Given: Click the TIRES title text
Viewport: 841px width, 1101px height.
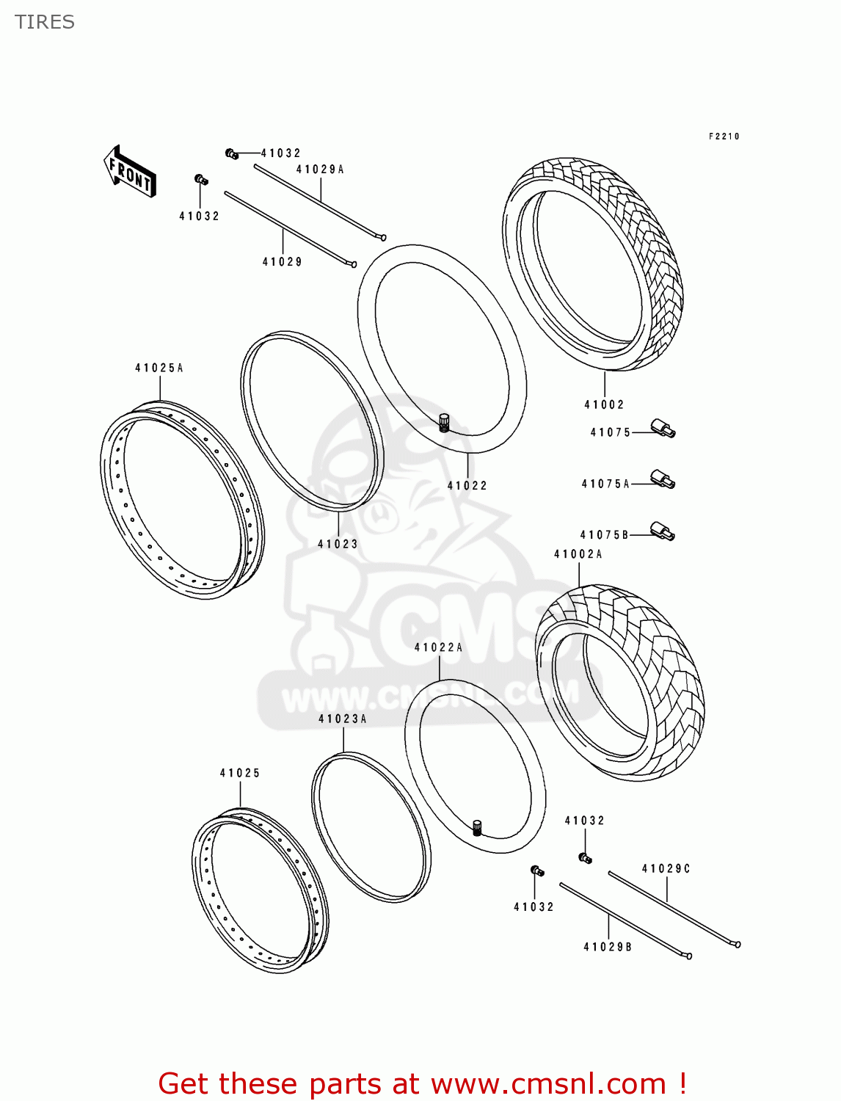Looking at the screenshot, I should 45,22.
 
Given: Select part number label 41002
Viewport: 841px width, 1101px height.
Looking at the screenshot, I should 604,404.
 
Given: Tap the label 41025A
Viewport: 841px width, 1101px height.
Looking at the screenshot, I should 159,368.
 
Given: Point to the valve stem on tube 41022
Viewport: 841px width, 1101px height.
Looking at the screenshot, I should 443,423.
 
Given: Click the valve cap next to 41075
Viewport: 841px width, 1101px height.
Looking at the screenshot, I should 663,429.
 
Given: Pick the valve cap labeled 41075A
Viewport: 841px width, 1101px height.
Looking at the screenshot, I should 663,481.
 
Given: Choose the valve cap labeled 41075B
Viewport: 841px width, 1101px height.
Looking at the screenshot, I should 663,531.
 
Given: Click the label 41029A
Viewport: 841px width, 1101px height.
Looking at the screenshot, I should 320,170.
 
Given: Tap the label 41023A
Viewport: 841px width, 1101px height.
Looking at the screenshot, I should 343,719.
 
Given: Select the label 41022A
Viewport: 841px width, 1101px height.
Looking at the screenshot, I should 439,647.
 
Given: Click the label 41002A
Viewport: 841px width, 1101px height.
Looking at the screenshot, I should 578,554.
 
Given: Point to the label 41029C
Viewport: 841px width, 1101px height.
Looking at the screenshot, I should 666,868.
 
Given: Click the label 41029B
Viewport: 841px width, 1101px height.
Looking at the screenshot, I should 608,947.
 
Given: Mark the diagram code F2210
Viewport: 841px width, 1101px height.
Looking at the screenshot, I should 724,137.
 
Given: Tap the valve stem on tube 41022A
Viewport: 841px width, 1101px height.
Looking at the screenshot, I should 477,827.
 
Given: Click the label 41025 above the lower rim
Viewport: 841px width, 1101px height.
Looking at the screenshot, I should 240,773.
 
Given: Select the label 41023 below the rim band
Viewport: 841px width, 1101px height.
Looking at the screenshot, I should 338,544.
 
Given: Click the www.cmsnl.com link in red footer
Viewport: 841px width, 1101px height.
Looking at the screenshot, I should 548,1083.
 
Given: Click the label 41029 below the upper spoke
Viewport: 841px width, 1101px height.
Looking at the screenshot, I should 283,261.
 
